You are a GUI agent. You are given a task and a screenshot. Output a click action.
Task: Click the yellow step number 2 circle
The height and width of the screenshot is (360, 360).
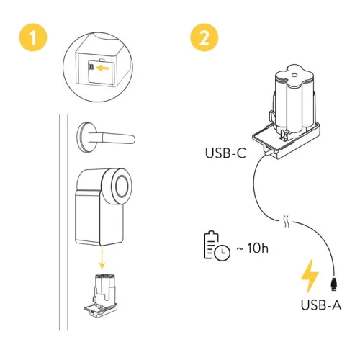tap(204, 36)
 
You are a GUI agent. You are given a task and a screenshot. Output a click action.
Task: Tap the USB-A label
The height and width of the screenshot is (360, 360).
tap(320, 304)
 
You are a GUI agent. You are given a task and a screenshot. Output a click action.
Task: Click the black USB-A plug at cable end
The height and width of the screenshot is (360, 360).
tap(333, 280)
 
